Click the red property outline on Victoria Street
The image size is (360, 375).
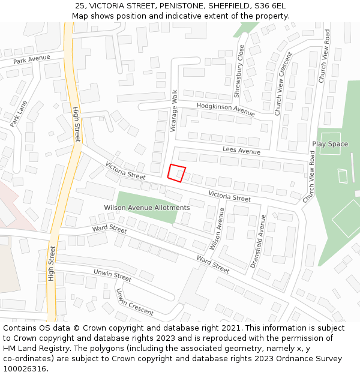(176, 173)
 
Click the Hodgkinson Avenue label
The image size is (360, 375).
(226, 109)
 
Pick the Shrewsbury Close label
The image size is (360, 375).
(239, 71)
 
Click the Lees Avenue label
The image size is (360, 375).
(241, 150)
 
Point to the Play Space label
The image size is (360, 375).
(330, 144)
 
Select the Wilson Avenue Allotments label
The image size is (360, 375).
(147, 208)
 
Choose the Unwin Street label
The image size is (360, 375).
(112, 275)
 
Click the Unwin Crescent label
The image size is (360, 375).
(135, 302)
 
